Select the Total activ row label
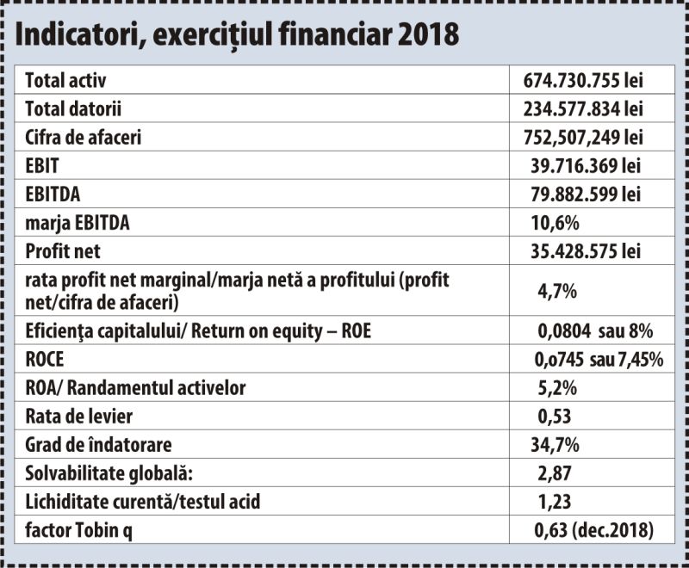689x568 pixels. [x=65, y=80]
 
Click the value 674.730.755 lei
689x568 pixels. [x=583, y=80]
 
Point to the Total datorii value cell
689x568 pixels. [x=583, y=108]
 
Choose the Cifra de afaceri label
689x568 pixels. [x=84, y=138]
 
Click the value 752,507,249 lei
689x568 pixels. [x=583, y=138]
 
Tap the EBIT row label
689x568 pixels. [x=42, y=166]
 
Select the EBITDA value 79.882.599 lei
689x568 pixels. [x=586, y=194]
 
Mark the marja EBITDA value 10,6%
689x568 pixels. [x=555, y=223]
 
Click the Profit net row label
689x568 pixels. [x=63, y=251]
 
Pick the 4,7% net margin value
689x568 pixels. [x=557, y=291]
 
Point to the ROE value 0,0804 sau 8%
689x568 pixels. [x=595, y=331]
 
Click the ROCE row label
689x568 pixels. [x=45, y=360]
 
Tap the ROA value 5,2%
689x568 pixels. [x=557, y=388]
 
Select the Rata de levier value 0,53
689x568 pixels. [x=555, y=417]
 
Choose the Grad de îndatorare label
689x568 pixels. [x=98, y=445]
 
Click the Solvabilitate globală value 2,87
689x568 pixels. [x=555, y=473]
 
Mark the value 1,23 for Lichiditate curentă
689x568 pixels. [x=555, y=502]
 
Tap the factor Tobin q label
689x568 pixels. [x=78, y=531]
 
